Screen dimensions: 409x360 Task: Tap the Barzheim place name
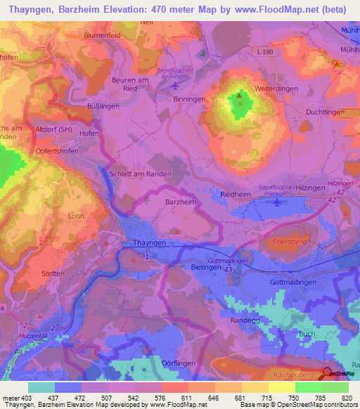point(181,201)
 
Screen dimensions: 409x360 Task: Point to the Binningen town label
point(189,100)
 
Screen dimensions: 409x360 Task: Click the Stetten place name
point(53,273)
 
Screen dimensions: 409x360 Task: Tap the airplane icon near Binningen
point(175,86)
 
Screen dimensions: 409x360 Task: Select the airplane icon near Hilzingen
point(276,202)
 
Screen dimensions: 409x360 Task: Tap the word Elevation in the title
point(131,11)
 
